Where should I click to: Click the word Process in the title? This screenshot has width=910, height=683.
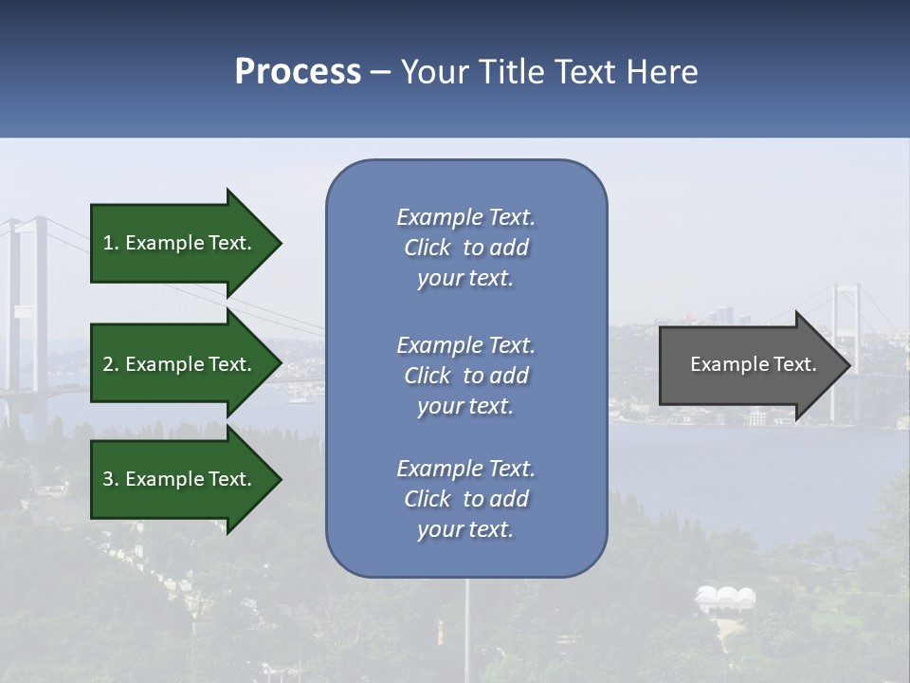(298, 72)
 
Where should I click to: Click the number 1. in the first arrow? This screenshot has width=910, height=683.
(111, 243)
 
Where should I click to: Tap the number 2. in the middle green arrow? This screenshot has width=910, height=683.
(111, 364)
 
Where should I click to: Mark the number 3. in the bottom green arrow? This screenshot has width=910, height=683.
(111, 479)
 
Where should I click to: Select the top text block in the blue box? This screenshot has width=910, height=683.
(465, 248)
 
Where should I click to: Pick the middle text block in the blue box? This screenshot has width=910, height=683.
(465, 376)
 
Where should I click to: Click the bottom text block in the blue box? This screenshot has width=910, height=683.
(465, 499)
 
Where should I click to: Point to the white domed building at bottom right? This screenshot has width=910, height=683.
(725, 599)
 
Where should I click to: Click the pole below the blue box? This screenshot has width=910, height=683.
(465, 626)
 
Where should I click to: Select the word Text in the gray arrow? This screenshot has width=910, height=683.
(795, 364)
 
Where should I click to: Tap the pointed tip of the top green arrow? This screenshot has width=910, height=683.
(280, 243)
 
